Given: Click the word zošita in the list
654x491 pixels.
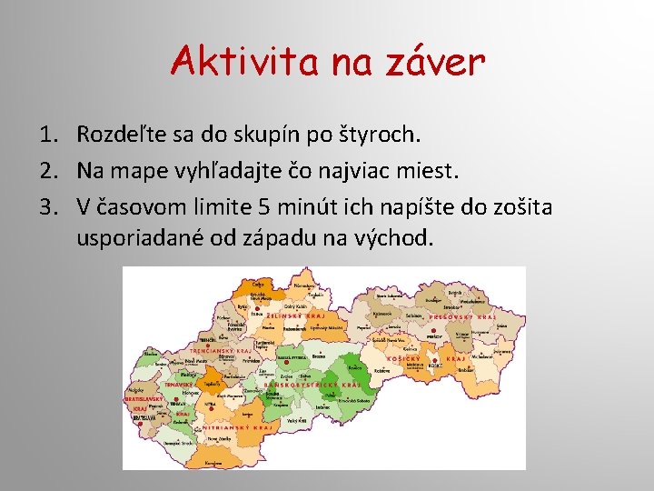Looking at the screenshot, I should tap(515, 207).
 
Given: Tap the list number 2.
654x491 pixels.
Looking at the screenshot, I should tap(50, 171).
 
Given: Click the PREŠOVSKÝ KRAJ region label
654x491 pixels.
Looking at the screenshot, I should tap(462, 317).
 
